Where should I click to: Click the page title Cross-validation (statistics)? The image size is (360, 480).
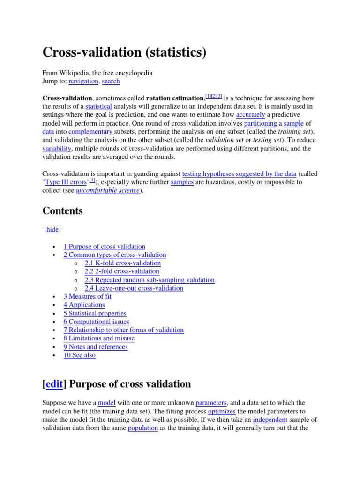(x=124, y=52)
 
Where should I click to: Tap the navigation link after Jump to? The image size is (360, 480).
(x=83, y=81)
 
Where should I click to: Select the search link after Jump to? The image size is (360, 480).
(x=111, y=81)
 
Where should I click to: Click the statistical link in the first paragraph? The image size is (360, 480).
(x=99, y=106)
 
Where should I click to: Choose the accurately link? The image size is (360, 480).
(x=250, y=115)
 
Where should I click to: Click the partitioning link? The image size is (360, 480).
(x=260, y=123)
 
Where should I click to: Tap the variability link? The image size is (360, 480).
(x=57, y=149)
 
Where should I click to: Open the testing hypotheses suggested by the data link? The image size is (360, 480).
(x=239, y=173)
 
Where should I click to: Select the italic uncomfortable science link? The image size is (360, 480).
(x=111, y=190)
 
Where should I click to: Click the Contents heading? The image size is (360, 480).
(x=62, y=211)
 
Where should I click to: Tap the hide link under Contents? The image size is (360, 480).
(x=52, y=230)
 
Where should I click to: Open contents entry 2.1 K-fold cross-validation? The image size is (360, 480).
(x=122, y=263)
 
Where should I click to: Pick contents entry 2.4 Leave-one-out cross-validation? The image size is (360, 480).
(x=134, y=288)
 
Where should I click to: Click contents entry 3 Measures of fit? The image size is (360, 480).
(x=87, y=296)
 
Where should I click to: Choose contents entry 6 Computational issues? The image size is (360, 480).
(x=96, y=322)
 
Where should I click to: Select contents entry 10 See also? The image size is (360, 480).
(x=79, y=355)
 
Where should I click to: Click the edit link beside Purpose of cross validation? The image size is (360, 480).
(x=54, y=384)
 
